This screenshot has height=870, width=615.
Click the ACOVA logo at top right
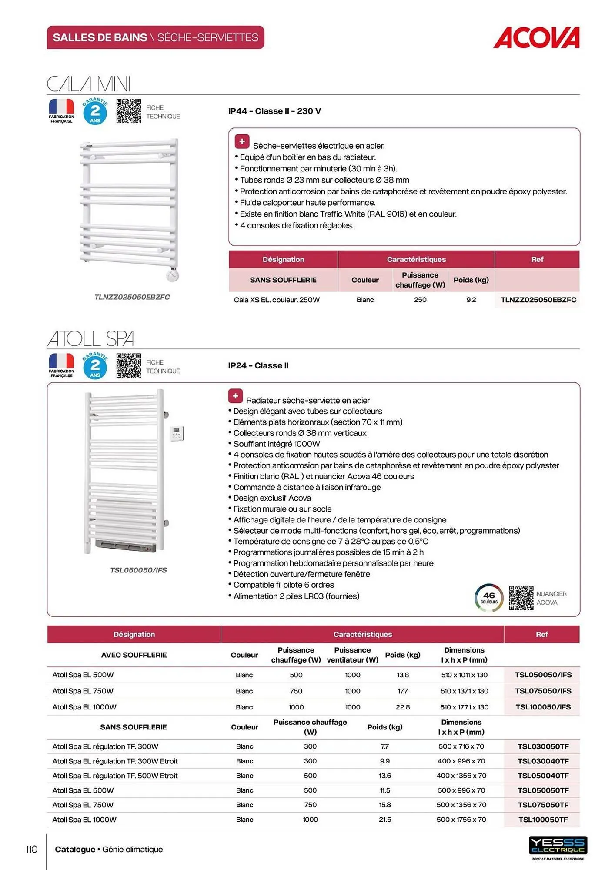(536, 38)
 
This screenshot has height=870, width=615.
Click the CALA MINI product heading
(89, 84)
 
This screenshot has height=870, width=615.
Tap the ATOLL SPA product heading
(90, 338)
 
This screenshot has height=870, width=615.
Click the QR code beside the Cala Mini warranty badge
(129, 111)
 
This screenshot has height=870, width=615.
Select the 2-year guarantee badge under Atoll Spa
(95, 366)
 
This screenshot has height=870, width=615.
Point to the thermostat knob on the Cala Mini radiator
(172, 275)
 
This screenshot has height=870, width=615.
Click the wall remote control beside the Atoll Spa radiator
(177, 434)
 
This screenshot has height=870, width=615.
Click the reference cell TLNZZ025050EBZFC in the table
(538, 300)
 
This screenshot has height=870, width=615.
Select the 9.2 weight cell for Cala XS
(471, 300)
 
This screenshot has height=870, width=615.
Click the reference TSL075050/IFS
(543, 691)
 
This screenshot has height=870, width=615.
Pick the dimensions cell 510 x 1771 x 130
(464, 707)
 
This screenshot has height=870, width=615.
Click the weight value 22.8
(403, 707)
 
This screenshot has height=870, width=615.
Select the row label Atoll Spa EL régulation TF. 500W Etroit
(115, 776)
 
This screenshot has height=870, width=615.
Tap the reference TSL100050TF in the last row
(543, 820)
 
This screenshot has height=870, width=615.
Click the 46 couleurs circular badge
(489, 598)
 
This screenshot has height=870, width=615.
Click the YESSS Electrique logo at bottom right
(558, 846)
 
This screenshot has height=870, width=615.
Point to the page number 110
(31, 849)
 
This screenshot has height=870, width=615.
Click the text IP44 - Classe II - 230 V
(275, 111)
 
